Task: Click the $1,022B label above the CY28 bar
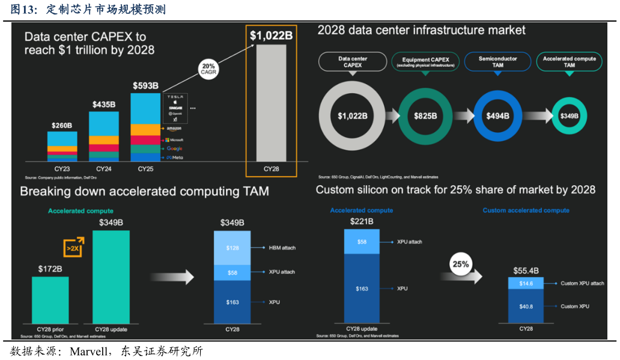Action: pyautogui.click(x=271, y=36)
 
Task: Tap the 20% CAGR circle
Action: pyautogui.click(x=208, y=69)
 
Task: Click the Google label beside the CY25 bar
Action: pyautogui.click(x=174, y=148)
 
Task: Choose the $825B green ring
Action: pyautogui.click(x=425, y=116)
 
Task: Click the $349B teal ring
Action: pyautogui.click(x=568, y=116)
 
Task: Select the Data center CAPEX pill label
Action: pyautogui.click(x=352, y=62)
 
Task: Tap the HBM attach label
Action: pyautogui.click(x=281, y=248)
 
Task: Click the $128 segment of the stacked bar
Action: pyautogui.click(x=232, y=248)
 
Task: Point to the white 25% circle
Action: pyautogui.click(x=461, y=264)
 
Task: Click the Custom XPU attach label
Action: pyautogui.click(x=582, y=283)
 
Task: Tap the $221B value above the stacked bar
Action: pyautogui.click(x=362, y=222)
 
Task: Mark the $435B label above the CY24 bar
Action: pyautogui.click(x=104, y=105)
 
